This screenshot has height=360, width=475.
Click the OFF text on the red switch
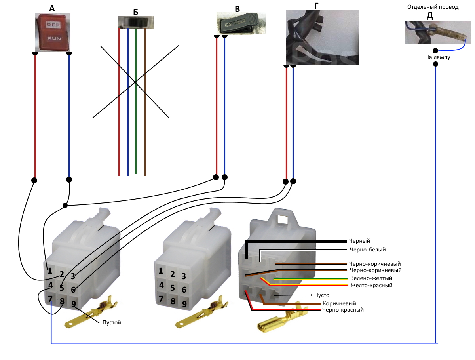click(x=53, y=25)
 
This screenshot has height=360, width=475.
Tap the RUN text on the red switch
click(x=54, y=38)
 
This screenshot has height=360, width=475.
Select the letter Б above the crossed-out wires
click(x=135, y=12)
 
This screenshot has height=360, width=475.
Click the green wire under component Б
click(x=136, y=101)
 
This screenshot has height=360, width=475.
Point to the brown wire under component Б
click(x=145, y=102)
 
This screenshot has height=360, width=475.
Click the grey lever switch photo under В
click(x=241, y=23)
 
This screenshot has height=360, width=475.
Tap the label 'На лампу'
click(x=437, y=57)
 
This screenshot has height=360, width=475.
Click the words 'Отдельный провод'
click(x=433, y=7)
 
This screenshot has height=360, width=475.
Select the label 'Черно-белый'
click(x=368, y=250)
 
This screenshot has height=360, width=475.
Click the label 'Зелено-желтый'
click(x=371, y=278)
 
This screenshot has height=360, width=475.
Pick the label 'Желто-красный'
click(x=372, y=285)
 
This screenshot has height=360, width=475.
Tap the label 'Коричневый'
click(x=339, y=303)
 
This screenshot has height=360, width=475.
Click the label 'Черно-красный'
click(x=343, y=310)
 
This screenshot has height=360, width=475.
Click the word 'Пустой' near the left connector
click(x=112, y=322)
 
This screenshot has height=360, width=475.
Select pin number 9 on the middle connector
click(x=184, y=304)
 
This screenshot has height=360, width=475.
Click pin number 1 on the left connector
click(x=50, y=271)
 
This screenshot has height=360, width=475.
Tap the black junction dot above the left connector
click(x=65, y=205)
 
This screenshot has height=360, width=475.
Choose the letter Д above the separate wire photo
click(x=429, y=16)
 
